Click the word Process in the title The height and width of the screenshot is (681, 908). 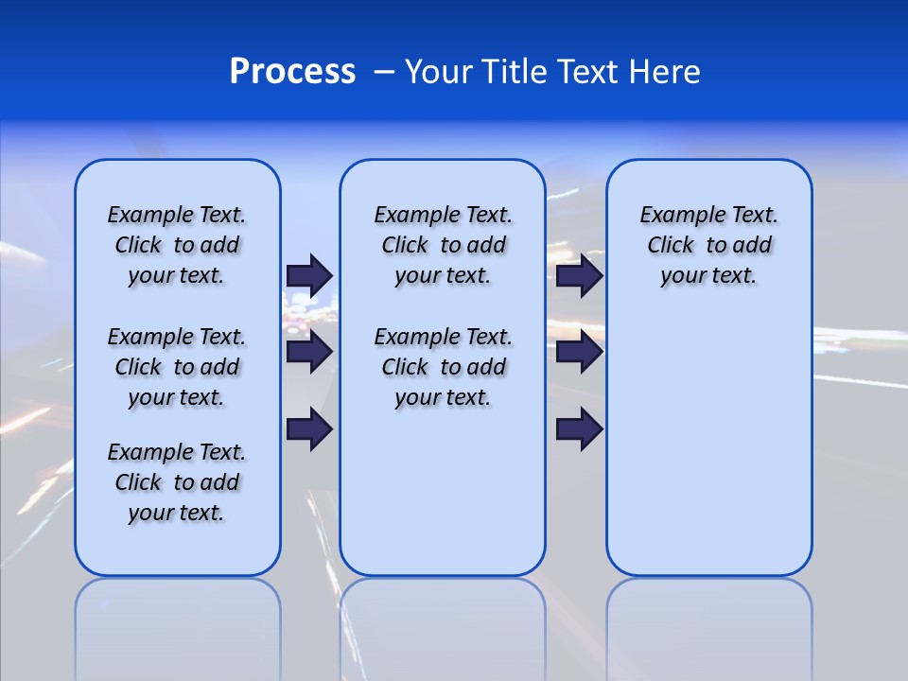292,72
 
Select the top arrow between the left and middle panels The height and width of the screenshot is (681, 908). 309,275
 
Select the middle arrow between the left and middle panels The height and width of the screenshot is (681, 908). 309,352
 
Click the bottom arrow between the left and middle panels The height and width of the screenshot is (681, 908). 309,429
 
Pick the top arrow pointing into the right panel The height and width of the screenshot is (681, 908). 579,275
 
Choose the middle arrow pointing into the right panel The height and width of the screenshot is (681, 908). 579,352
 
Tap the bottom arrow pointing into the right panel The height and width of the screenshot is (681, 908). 579,429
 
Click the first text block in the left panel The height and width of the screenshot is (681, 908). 177,245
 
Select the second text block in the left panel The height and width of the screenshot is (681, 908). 177,367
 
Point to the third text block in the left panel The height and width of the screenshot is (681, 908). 177,482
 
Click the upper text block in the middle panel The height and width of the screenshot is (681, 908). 443,245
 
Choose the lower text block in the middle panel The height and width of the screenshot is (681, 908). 443,367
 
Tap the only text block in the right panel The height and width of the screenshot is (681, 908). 709,245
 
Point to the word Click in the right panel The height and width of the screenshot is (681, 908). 671,246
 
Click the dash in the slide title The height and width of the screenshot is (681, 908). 385,72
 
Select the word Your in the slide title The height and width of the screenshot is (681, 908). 440,72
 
